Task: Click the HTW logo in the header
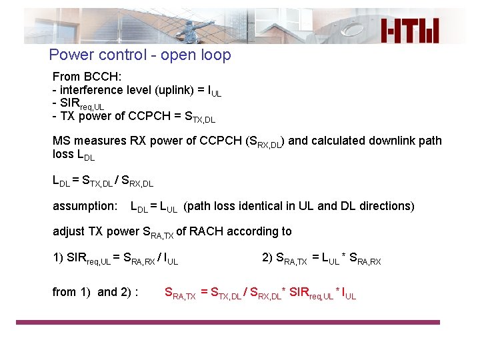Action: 410,29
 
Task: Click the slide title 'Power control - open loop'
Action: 140,55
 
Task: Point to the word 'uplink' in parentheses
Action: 179,90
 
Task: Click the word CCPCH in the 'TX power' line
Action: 143,117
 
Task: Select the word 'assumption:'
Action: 85,206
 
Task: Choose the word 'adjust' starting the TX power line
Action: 69,231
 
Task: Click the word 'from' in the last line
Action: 64,291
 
